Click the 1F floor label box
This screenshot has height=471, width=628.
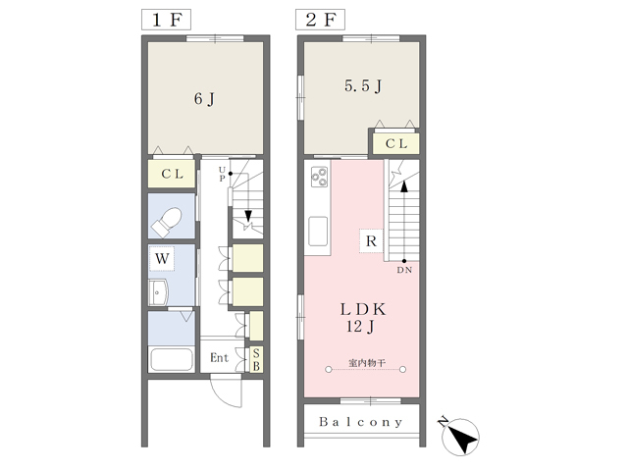click(x=166, y=20)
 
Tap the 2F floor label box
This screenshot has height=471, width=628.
click(x=320, y=20)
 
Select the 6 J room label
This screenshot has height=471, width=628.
click(x=204, y=99)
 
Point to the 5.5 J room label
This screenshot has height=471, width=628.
click(x=363, y=85)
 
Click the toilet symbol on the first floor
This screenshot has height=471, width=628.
click(x=167, y=222)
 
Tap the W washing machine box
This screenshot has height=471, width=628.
click(x=162, y=258)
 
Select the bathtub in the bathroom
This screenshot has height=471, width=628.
click(x=171, y=359)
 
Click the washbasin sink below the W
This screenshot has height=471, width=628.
click(x=158, y=292)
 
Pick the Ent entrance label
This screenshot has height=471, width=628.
click(x=219, y=357)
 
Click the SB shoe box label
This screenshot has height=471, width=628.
click(x=256, y=360)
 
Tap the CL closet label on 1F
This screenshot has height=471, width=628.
click(x=173, y=174)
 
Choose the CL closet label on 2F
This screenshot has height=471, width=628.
click(x=396, y=143)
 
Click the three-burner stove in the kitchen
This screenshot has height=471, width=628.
click(x=320, y=177)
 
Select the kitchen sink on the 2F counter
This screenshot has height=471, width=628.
click(x=318, y=232)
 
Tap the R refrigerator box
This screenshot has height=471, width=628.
click(x=371, y=241)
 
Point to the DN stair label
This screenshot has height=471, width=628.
click(x=404, y=271)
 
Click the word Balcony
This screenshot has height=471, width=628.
click(x=361, y=422)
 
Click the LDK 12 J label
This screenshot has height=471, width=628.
click(x=363, y=318)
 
